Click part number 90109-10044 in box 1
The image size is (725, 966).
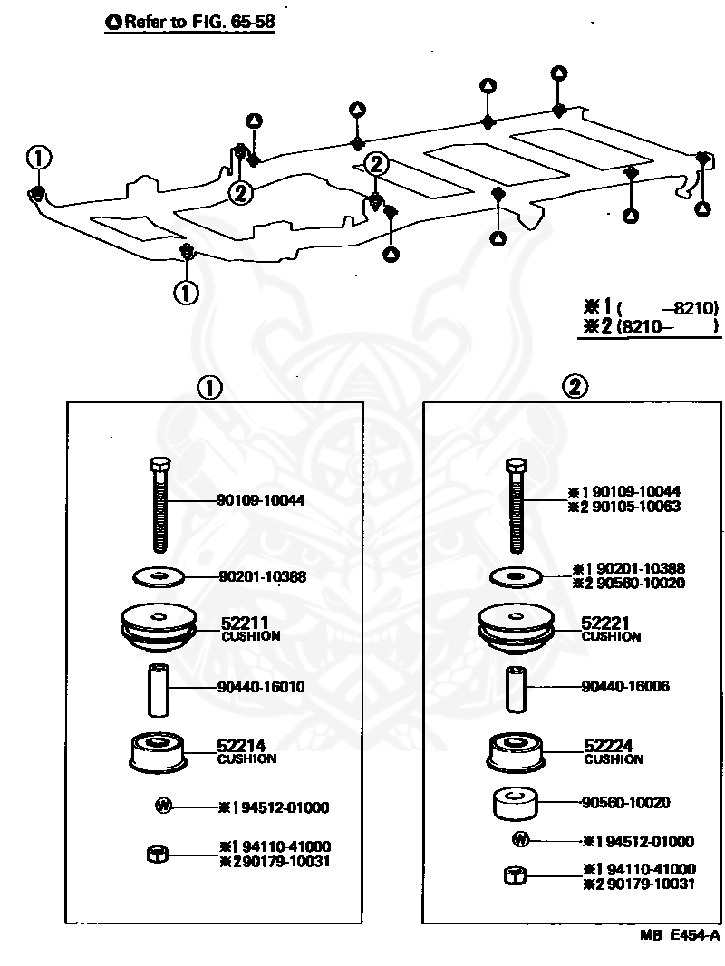[x=261, y=500]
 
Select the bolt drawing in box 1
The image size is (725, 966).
[x=159, y=505]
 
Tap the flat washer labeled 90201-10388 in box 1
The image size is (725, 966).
[x=159, y=577]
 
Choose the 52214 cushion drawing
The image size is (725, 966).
[x=158, y=753]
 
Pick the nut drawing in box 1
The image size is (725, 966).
[x=158, y=855]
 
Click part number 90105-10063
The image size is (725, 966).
[x=635, y=507]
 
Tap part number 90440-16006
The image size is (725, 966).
[x=625, y=686]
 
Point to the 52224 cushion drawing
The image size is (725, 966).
[x=516, y=753]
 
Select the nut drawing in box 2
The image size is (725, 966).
[x=516, y=875]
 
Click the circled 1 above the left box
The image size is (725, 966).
[x=208, y=388]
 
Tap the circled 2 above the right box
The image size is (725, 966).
[x=575, y=386]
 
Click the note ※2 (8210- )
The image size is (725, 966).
[x=651, y=326]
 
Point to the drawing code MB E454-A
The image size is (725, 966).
[x=680, y=936]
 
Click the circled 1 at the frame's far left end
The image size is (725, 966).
[x=38, y=158]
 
